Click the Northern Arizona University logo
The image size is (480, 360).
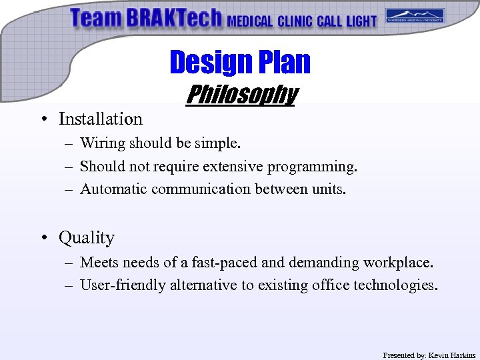[415, 16]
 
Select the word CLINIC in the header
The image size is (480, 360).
[295, 21]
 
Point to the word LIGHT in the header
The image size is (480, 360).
[361, 21]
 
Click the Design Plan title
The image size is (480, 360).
[240, 62]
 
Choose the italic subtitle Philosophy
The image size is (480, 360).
[241, 95]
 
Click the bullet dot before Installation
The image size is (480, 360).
[42, 119]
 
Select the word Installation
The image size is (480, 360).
[101, 119]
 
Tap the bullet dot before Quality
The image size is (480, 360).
[42, 238]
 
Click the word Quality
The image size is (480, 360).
[87, 238]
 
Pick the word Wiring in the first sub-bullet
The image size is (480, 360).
[103, 143]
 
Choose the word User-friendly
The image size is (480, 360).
[123, 285]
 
